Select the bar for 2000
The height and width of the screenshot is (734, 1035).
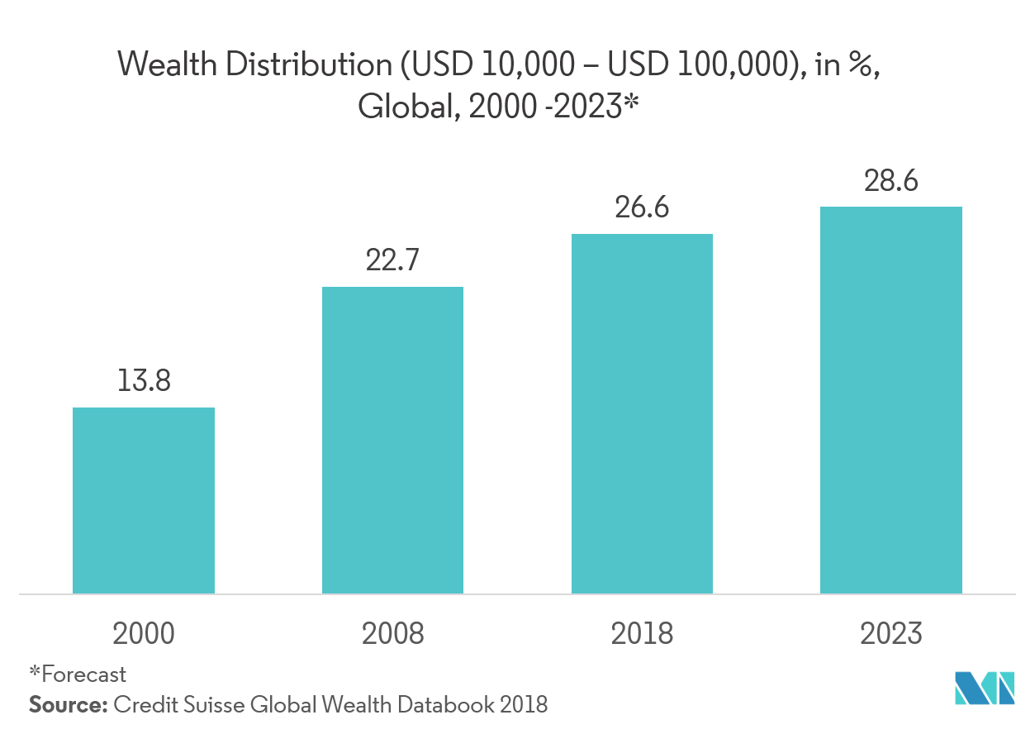pyautogui.click(x=144, y=500)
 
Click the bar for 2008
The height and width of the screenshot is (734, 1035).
pyautogui.click(x=392, y=440)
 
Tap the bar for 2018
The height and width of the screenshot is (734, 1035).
pyautogui.click(x=642, y=413)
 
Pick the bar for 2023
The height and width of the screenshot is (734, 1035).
pyautogui.click(x=890, y=399)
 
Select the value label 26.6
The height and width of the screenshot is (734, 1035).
pyautogui.click(x=642, y=207)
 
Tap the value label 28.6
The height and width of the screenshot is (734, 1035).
pyautogui.click(x=890, y=181)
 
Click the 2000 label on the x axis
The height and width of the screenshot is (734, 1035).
pyautogui.click(x=144, y=634)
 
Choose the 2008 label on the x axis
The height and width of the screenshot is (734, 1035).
pyautogui.click(x=392, y=634)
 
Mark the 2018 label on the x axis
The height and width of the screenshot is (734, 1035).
pyautogui.click(x=642, y=634)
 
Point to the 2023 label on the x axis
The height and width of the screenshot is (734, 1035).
pyautogui.click(x=890, y=634)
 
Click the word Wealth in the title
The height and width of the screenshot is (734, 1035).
pyautogui.click(x=168, y=64)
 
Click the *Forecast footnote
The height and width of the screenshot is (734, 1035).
pyautogui.click(x=78, y=674)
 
